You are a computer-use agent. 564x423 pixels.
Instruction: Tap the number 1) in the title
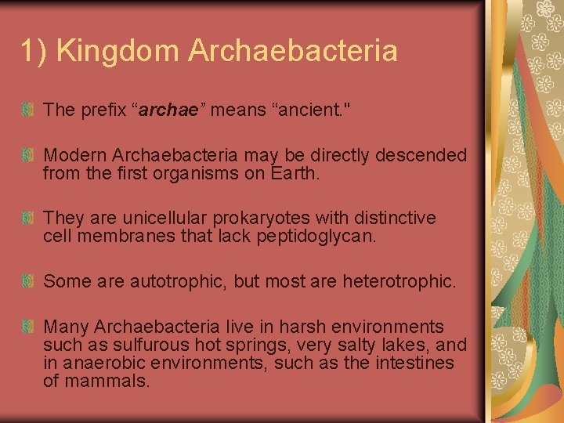34,52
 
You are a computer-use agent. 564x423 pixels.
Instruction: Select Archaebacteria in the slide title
292,52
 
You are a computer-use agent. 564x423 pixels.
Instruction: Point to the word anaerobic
105,363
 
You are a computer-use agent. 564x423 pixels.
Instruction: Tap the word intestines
410,363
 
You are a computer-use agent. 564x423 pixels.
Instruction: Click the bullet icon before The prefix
28,110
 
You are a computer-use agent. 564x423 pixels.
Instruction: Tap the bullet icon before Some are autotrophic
28,280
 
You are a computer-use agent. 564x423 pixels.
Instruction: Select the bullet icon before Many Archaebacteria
28,327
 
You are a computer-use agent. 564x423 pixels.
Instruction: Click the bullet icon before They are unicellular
28,218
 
